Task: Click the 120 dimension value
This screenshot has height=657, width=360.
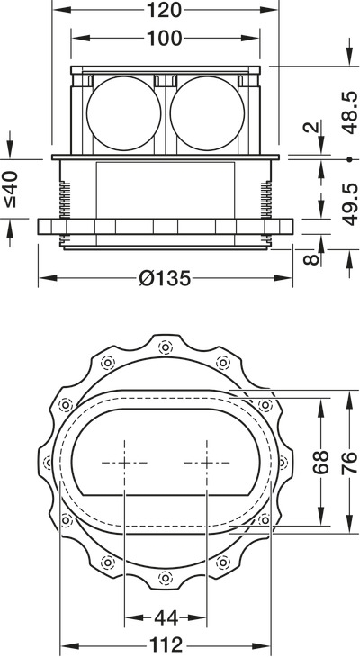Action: (164, 10)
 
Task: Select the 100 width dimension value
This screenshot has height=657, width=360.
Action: (165, 38)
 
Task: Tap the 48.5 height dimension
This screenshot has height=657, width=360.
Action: (349, 112)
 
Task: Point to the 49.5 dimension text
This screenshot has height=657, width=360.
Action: (349, 204)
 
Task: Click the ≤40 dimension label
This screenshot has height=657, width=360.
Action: (12, 189)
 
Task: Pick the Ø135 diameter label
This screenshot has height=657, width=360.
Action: (165, 278)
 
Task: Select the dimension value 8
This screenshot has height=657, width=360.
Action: (311, 259)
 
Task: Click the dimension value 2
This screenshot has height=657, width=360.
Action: (312, 127)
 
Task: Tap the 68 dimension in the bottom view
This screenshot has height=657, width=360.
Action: (321, 463)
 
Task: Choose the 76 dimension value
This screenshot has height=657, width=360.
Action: (349, 463)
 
